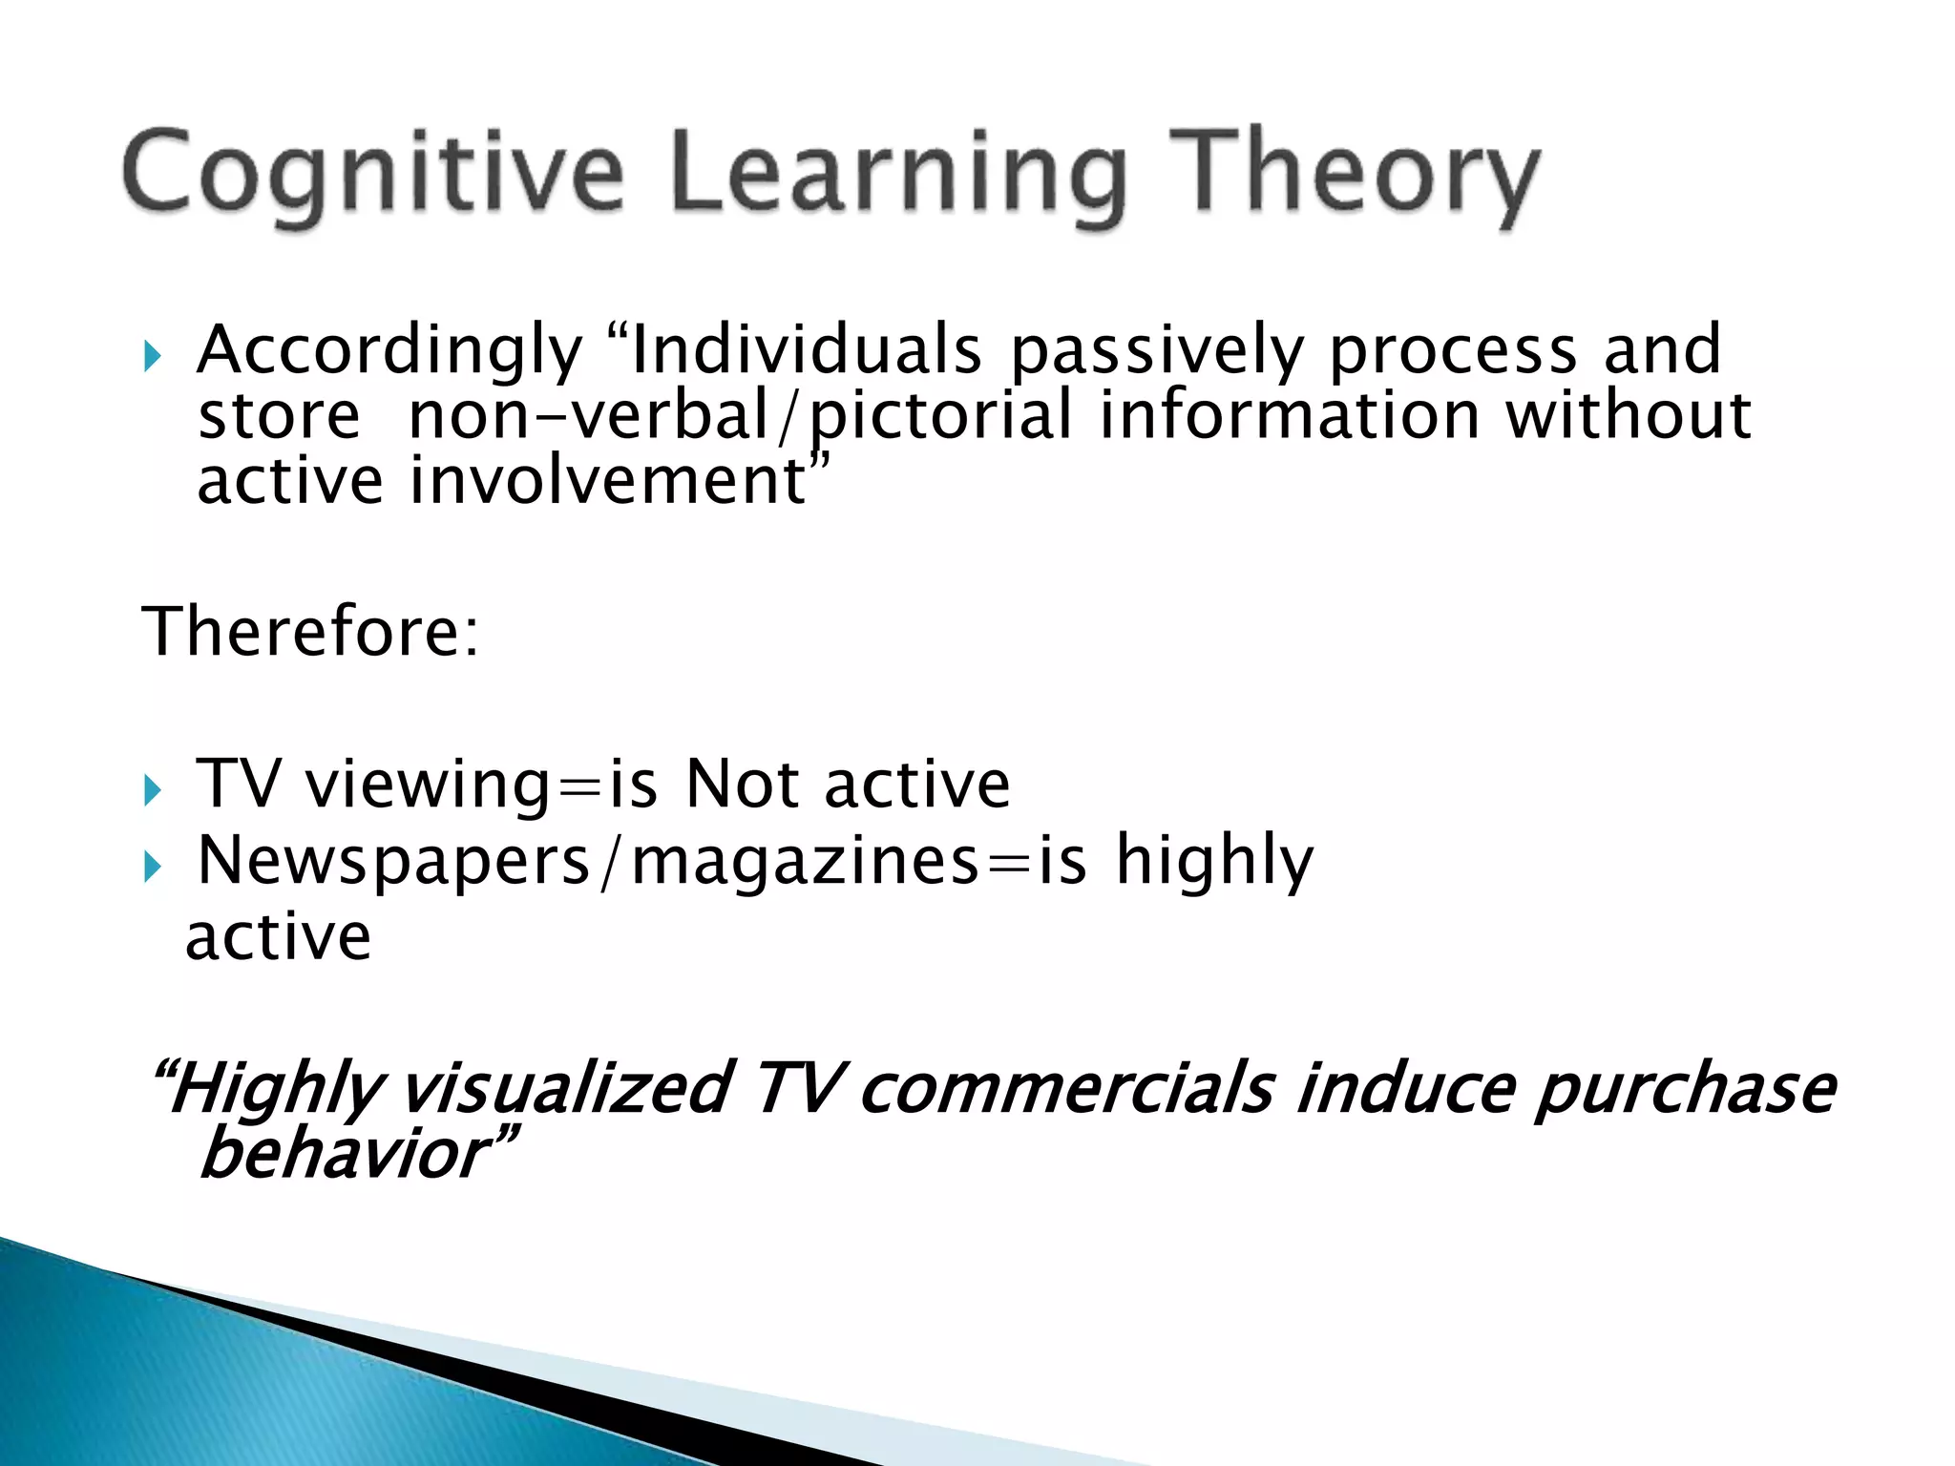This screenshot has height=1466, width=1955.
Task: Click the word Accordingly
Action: click(x=389, y=351)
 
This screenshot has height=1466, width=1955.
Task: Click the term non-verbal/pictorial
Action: click(x=741, y=416)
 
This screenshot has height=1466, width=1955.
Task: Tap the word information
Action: click(x=1289, y=416)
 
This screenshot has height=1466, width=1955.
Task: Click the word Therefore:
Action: click(x=310, y=632)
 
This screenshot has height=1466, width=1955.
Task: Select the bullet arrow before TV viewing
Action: click(x=153, y=789)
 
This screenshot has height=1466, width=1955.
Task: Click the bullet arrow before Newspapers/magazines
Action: click(x=153, y=866)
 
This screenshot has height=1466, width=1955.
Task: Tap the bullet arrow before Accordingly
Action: click(x=153, y=357)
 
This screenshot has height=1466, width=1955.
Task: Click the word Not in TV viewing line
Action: click(x=742, y=785)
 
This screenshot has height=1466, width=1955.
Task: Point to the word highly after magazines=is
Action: click(x=1214, y=861)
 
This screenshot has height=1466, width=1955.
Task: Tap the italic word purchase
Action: click(x=1684, y=1089)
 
